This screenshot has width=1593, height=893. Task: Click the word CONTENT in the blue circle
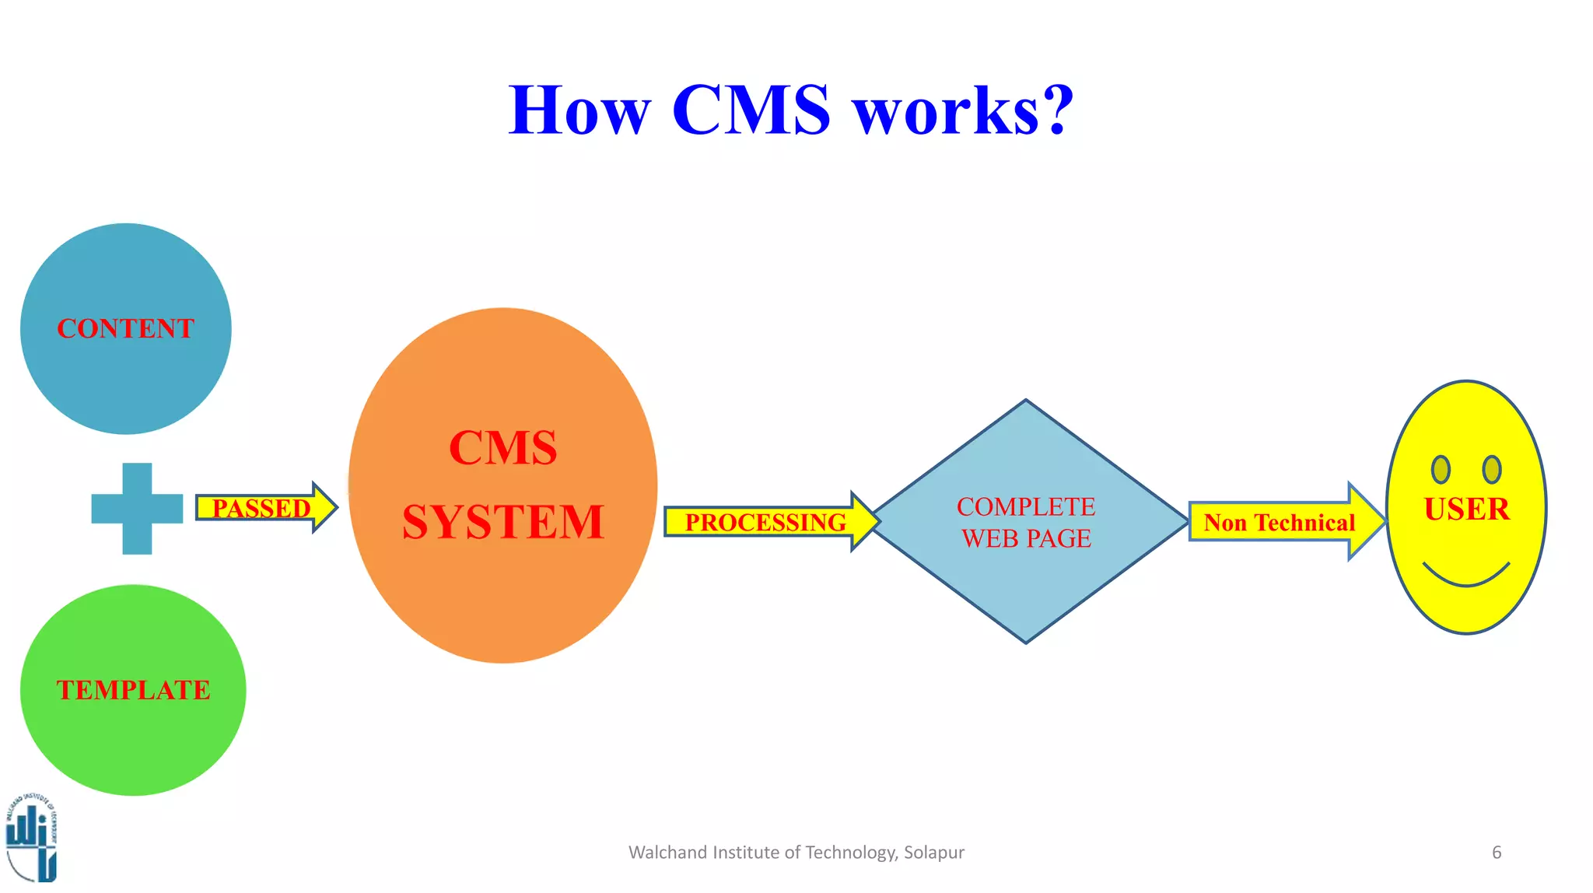click(125, 328)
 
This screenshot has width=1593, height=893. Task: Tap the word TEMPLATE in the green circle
click(133, 690)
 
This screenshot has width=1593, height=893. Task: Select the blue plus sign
click(137, 509)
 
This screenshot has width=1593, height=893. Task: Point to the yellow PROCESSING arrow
click(766, 522)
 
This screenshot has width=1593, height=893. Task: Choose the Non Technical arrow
click(1280, 522)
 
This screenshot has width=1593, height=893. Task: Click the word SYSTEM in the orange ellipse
click(503, 521)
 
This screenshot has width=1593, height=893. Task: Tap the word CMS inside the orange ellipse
click(503, 448)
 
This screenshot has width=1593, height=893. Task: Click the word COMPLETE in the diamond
click(1025, 507)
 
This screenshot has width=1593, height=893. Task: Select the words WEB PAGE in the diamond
click(1025, 538)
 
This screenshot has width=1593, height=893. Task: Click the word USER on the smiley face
click(1466, 510)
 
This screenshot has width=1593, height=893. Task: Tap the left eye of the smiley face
click(1441, 469)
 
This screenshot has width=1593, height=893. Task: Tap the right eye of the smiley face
click(1492, 469)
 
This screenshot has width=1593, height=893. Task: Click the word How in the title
click(579, 110)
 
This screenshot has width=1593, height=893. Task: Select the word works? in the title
click(963, 110)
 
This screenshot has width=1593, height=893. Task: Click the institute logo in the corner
click(31, 839)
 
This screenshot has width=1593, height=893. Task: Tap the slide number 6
click(1497, 853)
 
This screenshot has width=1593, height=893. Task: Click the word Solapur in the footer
click(933, 853)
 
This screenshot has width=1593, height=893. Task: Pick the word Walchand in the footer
click(657, 853)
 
